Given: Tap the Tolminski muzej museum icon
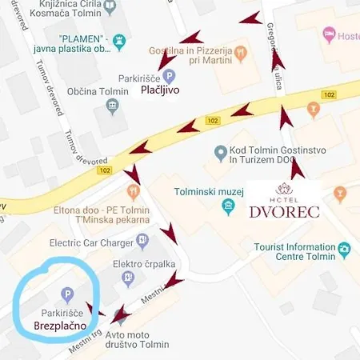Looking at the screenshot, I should (229, 207).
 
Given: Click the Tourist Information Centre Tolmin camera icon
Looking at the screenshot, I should (345, 250).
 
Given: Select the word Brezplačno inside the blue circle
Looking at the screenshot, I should (60, 326).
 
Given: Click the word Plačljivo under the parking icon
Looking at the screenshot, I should (159, 90).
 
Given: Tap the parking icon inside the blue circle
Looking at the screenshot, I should (68, 294).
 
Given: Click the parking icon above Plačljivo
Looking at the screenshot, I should (168, 76).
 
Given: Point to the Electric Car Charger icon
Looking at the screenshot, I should (142, 239).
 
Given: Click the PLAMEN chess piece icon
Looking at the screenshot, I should (120, 38).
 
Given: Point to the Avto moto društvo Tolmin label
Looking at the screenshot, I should (128, 345).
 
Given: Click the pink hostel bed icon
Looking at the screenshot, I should (328, 34).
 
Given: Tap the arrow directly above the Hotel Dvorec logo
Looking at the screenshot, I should (298, 167).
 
